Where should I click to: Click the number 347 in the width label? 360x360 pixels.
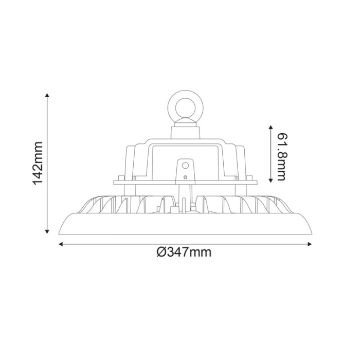[177, 252]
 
